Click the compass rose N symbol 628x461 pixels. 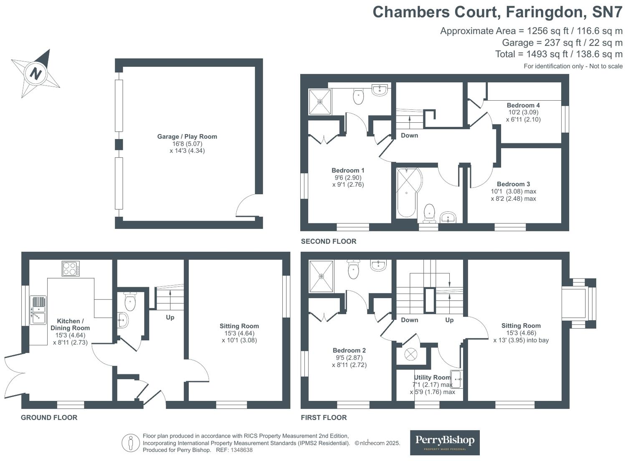point(35,73)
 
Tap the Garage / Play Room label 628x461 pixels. point(187,137)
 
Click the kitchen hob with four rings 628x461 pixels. point(71,268)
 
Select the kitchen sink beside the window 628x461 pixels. point(38,310)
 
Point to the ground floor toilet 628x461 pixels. point(130,302)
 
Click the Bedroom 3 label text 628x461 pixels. point(513,184)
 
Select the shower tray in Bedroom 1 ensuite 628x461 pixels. point(320,101)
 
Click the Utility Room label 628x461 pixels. point(432,377)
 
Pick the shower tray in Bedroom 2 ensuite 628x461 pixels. point(321,276)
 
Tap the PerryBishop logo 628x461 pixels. point(445,442)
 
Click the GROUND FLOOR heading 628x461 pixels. point(49,417)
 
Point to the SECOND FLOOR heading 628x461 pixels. point(329,241)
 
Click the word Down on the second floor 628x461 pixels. point(409,135)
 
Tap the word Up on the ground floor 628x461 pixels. point(170,317)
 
